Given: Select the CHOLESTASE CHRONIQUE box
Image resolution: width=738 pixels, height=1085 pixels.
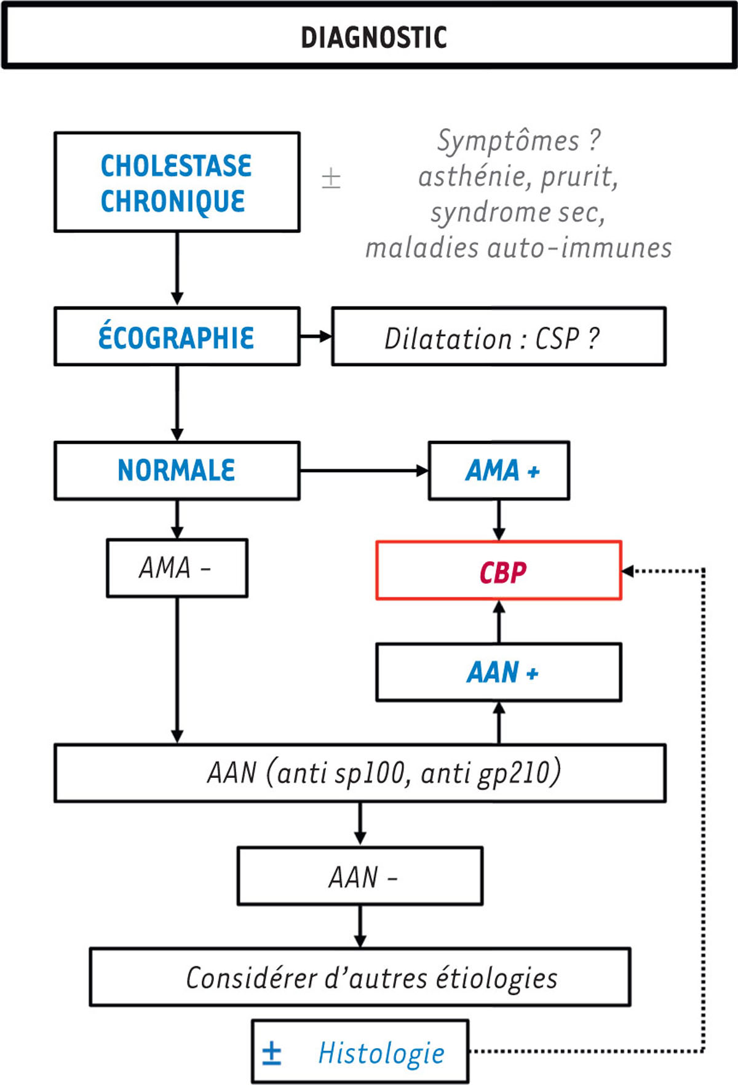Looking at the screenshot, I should (177, 183).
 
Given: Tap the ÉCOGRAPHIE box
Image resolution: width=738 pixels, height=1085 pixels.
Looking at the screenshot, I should (177, 337).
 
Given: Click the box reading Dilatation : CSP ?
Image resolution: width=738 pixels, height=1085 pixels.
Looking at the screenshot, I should (498, 337).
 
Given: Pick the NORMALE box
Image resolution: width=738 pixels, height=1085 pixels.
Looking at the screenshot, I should (177, 470).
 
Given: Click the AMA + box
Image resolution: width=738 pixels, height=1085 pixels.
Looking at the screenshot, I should (499, 471).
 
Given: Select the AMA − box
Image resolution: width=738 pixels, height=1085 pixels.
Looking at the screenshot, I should (177, 568).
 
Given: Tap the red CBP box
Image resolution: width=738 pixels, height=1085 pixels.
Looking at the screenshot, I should (499, 571).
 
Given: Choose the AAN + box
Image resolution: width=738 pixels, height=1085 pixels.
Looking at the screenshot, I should (499, 672).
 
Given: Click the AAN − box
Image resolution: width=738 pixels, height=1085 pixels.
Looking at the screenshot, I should (360, 876).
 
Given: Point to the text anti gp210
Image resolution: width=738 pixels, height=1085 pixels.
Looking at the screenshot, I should (490, 773).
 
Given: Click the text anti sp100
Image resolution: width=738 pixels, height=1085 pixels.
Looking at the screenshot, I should (341, 773).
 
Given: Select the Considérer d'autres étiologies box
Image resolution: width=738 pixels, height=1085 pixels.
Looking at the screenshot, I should (360, 977).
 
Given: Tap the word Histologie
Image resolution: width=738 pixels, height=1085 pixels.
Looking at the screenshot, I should (381, 1052).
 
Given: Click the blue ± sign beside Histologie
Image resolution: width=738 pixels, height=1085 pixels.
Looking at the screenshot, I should (271, 1052).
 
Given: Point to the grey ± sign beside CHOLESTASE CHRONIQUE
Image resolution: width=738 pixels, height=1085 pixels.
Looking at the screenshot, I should (331, 179).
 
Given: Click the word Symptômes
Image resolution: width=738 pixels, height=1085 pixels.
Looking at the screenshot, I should (508, 141).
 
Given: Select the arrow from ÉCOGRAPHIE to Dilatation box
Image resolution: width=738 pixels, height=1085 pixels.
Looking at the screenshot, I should (316, 337).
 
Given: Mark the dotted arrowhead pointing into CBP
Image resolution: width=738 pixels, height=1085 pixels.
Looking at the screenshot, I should (628, 571).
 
